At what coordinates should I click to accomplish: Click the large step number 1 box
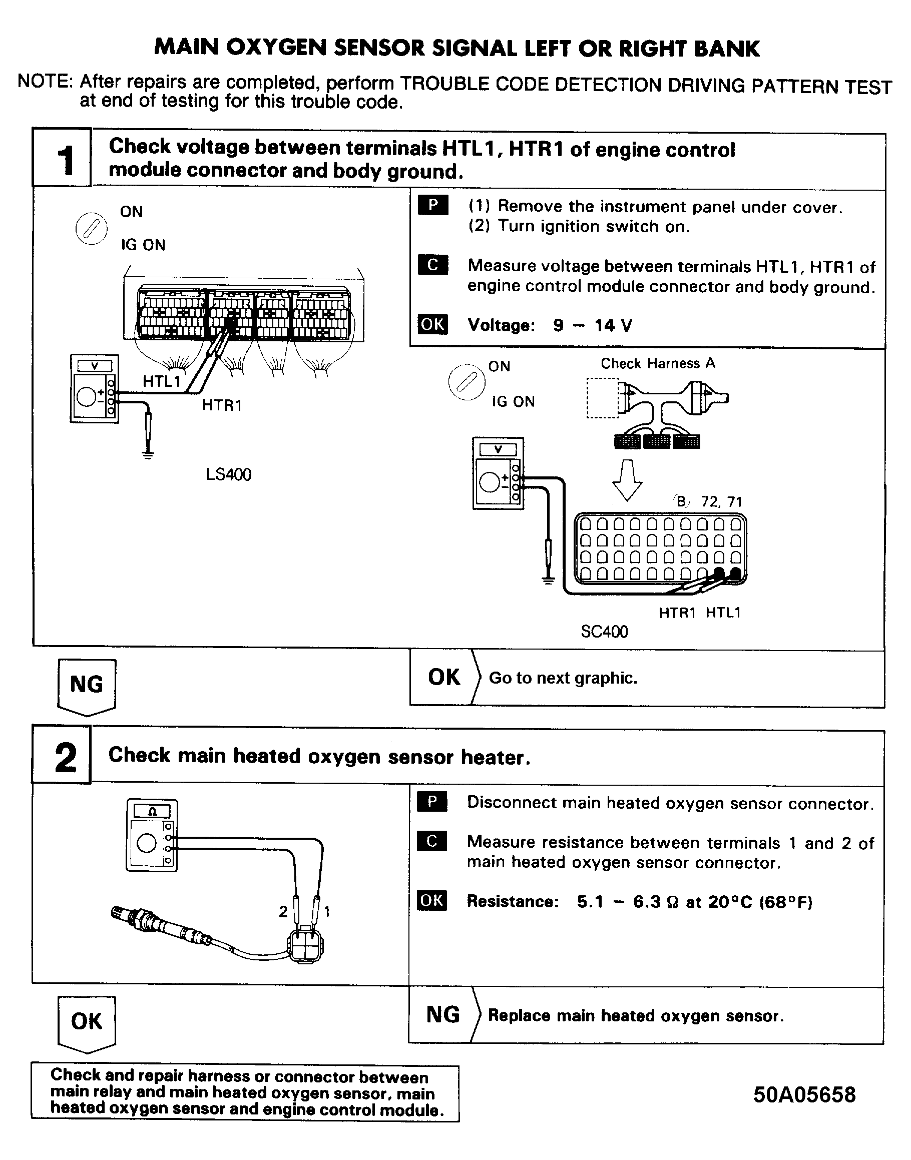click(x=62, y=158)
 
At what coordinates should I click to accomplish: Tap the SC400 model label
click(x=604, y=632)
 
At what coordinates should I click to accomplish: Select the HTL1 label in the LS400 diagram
click(x=161, y=381)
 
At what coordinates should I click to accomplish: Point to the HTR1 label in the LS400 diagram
click(x=222, y=405)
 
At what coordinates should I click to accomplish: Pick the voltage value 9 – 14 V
click(x=592, y=325)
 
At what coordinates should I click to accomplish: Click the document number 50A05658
click(x=804, y=1095)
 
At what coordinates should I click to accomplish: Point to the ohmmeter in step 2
click(x=152, y=835)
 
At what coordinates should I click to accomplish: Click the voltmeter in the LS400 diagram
click(x=95, y=389)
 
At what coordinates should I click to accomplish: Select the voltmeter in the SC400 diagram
click(x=498, y=473)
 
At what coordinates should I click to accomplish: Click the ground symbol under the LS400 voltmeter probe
click(x=148, y=454)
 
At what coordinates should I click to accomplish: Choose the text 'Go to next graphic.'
click(x=563, y=678)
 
